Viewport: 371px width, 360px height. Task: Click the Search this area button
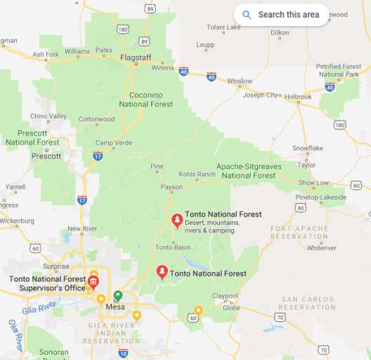[281, 14]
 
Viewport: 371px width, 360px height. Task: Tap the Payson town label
[171, 187]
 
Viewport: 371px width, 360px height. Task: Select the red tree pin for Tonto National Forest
[162, 272]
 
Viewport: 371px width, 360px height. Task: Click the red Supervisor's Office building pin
[93, 283]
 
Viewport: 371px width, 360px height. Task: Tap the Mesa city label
[115, 307]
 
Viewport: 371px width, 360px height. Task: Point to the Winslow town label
[240, 81]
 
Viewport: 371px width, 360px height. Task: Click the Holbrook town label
[297, 96]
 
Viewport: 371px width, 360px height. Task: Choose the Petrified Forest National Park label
[339, 70]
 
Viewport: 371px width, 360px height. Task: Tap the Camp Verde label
[112, 143]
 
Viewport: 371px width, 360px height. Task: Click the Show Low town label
[313, 183]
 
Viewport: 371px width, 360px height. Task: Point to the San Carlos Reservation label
[308, 303]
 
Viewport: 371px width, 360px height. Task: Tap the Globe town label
[231, 307]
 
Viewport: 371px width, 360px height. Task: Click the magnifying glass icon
[247, 14]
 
